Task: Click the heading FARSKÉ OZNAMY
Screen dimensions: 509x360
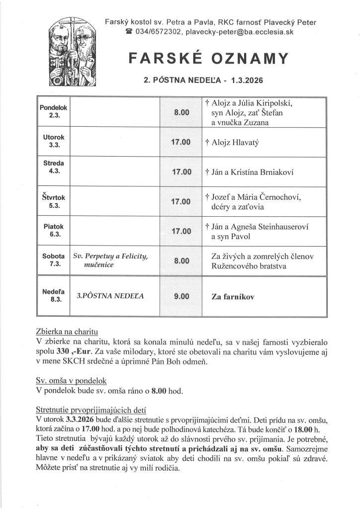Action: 208,59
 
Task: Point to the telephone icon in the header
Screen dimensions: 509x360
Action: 128,32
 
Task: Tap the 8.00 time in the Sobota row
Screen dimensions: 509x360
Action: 181,260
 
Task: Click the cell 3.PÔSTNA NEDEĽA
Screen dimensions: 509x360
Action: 110,296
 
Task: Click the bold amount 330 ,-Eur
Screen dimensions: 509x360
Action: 70,352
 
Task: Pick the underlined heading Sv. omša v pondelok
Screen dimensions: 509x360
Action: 71,380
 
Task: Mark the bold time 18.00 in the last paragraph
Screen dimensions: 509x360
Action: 302,429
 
